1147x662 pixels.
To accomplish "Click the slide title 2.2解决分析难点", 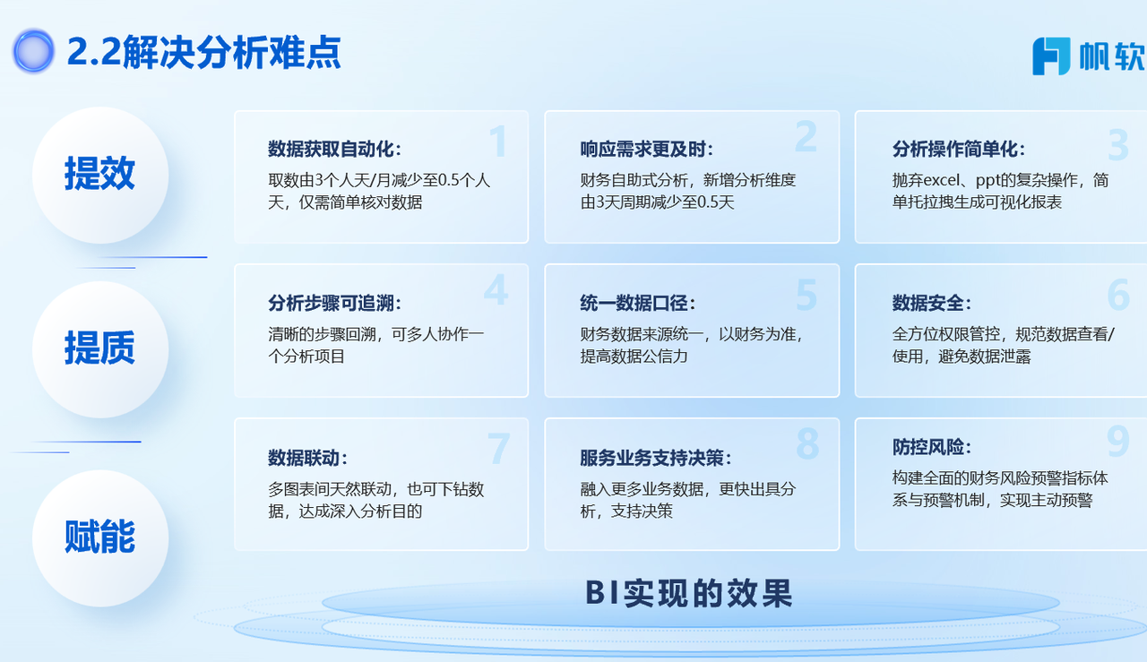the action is (x=203, y=52).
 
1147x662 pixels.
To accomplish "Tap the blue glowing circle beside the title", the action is (x=33, y=51).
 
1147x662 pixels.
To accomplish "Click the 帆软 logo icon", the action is (x=1051, y=56).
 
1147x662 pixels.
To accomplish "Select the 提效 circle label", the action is (x=99, y=174).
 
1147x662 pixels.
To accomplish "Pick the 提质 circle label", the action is (x=99, y=348).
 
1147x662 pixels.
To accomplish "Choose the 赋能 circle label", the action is (x=99, y=536).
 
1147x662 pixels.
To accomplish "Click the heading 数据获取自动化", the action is (x=334, y=149).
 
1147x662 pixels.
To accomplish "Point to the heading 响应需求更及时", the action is (x=647, y=149).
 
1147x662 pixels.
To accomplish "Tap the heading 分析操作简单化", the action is (x=959, y=149).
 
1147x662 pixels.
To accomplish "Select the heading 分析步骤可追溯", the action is (x=334, y=303).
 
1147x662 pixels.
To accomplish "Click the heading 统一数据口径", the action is (x=638, y=303).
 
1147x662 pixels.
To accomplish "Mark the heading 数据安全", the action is (x=932, y=303).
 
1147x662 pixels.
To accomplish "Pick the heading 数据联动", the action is (x=307, y=458).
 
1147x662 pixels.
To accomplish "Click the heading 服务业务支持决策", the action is (x=656, y=458).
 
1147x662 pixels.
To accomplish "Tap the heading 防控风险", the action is (x=932, y=447).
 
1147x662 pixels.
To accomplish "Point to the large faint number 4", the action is (x=496, y=289).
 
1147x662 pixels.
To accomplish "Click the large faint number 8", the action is (x=807, y=443).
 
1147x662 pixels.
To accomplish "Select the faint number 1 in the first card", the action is (x=498, y=142).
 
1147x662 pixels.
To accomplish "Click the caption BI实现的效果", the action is (x=689, y=594).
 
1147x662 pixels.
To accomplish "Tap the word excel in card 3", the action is (x=941, y=180).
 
